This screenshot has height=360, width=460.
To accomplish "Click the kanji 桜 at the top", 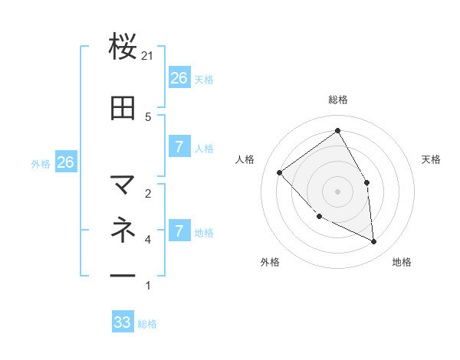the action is click(123, 47).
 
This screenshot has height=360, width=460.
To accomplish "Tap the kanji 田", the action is click(123, 109).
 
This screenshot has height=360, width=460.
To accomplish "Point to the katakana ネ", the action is click(123, 229).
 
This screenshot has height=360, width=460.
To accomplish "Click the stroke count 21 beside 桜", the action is click(148, 56).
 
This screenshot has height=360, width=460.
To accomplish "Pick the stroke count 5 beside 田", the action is click(148, 116).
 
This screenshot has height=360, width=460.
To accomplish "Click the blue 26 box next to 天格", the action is click(179, 78).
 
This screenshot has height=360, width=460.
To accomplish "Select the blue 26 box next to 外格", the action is click(65, 162).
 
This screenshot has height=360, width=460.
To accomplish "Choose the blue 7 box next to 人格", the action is click(179, 147).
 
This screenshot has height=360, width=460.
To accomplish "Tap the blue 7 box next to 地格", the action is click(179, 231).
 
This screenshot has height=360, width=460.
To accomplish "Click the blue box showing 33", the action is click(123, 322).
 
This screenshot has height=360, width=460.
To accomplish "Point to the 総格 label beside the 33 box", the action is click(147, 324).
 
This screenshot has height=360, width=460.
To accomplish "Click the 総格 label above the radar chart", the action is click(338, 100).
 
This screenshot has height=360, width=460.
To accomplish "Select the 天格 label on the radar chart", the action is click(431, 159).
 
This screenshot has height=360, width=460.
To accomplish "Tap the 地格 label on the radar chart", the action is click(402, 263).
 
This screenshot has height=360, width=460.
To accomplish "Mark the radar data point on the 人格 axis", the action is click(280, 172).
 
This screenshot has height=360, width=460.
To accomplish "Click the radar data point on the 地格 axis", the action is click(373, 241).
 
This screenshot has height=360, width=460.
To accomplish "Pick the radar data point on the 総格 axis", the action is click(337, 131).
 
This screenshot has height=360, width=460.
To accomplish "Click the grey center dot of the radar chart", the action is click(337, 191).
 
